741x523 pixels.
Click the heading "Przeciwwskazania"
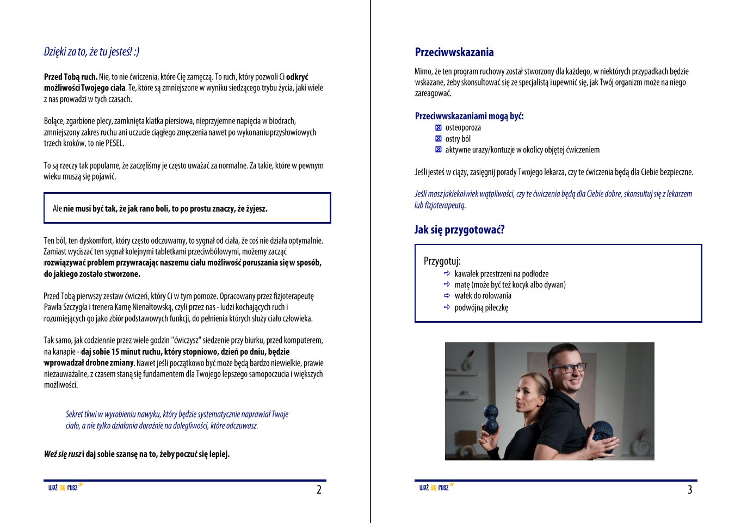pos(454,52)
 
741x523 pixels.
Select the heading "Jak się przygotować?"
pos(459,230)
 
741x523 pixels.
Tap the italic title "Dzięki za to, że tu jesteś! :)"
pos(91,52)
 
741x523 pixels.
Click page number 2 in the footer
pos(319,490)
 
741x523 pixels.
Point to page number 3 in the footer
pos(689,490)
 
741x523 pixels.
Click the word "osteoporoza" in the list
pos(463,128)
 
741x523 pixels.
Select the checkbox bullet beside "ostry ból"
pos(439,139)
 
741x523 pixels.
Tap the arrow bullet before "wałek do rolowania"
pos(447,296)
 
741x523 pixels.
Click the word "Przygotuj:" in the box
pos(442,261)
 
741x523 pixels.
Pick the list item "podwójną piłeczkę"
pos(481,307)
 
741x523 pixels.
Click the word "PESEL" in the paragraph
pos(114,144)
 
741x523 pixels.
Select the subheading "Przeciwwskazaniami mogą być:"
pos(469,116)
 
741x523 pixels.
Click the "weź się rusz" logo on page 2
pos(64,487)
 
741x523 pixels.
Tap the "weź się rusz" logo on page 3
pos(435,487)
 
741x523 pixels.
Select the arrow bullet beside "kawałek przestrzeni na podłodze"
pos(447,274)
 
